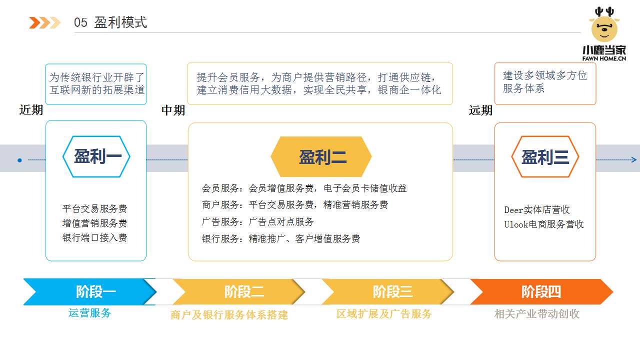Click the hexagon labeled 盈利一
click(96, 156)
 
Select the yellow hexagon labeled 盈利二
click(321, 157)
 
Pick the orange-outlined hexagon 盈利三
click(545, 157)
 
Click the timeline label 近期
click(31, 110)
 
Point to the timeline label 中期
click(173, 110)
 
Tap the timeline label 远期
click(480, 110)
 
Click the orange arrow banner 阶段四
click(541, 291)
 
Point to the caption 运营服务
click(89, 313)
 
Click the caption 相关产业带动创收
click(536, 314)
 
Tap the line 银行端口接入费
click(94, 237)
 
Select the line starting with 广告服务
click(257, 221)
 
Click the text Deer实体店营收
click(537, 210)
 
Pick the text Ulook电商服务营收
click(544, 224)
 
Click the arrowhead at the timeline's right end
click(634, 160)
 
